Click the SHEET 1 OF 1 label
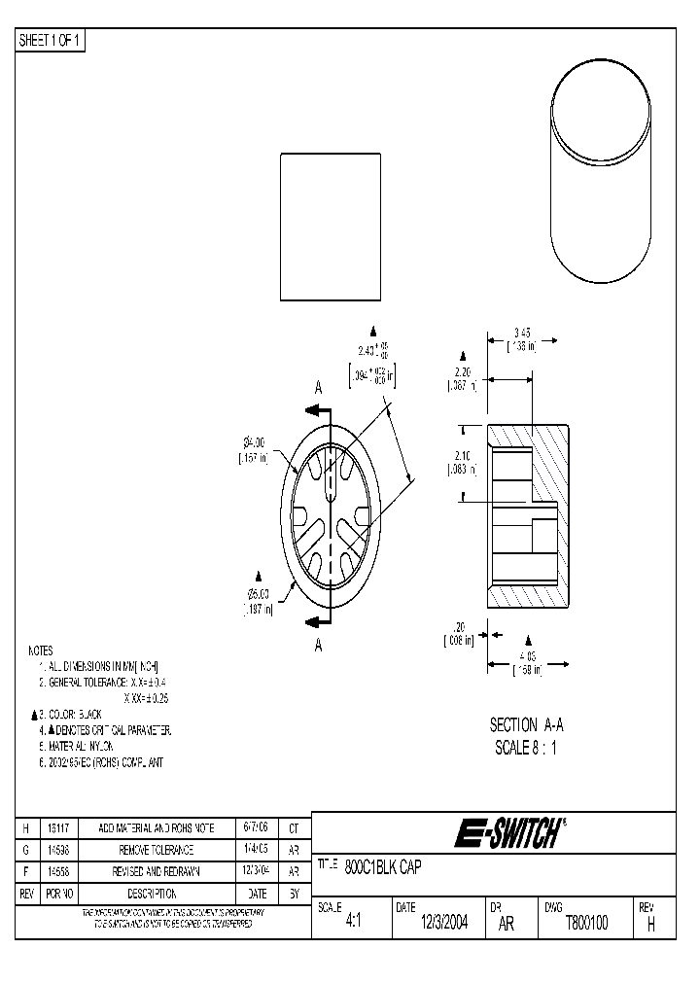52,41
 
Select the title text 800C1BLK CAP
383,866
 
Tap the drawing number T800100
586,924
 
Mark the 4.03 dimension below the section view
527,655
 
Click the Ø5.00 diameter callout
257,594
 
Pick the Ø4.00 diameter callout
256,442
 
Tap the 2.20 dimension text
463,372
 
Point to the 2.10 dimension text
463,456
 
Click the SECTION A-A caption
526,725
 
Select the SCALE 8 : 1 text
526,748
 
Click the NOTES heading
40,650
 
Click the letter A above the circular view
318,387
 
